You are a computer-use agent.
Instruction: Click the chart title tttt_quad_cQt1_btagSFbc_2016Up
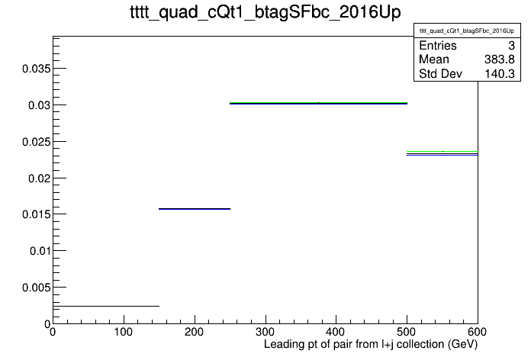tap(265, 12)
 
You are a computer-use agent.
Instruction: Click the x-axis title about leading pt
tap(371, 345)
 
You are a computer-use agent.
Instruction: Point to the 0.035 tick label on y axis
tap(36, 69)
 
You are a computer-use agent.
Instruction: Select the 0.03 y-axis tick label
tap(39, 105)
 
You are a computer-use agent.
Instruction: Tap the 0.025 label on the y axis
tap(36, 142)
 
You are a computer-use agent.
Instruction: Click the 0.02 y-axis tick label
tap(39, 178)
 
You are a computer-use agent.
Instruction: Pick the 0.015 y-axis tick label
tap(36, 214)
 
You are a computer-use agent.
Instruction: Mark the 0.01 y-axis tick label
tap(40, 251)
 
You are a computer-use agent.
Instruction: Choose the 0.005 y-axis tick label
tap(36, 288)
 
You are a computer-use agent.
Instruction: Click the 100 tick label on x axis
tap(124, 332)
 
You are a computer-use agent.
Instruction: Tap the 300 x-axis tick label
tap(265, 332)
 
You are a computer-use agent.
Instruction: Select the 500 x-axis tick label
tap(407, 332)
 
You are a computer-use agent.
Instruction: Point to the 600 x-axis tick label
tap(477, 332)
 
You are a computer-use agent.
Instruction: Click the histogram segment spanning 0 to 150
tap(106, 306)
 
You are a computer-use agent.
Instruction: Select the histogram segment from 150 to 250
tap(195, 209)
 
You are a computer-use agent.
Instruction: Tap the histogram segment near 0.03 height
tap(318, 103)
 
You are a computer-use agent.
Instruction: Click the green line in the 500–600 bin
tap(443, 151)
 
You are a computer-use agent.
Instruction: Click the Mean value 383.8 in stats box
tap(500, 59)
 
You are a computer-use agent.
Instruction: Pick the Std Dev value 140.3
tap(500, 74)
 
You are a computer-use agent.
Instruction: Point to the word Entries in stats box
tap(438, 45)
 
